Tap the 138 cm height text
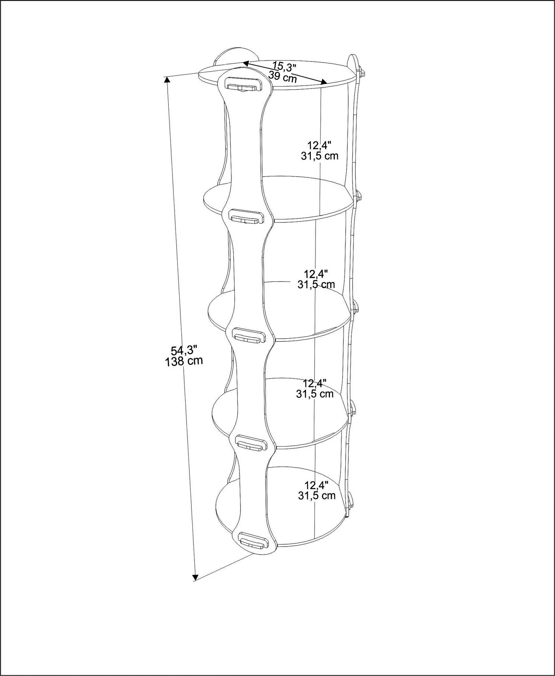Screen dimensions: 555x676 coord(184,361)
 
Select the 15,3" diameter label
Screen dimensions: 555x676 coord(284,66)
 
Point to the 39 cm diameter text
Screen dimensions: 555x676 coord(283,77)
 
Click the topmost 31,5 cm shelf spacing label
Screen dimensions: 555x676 coord(319,156)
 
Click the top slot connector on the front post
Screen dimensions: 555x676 coord(244,84)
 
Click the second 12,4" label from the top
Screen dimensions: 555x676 coord(316,273)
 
